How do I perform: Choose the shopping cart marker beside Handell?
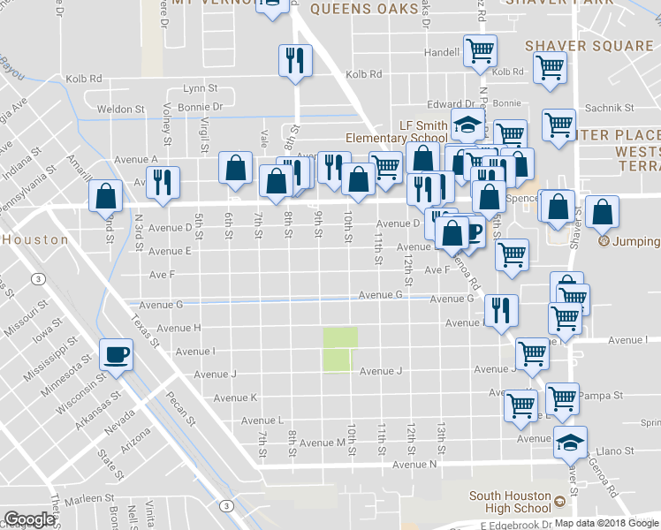[480, 50]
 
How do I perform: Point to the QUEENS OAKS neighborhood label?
[363, 9]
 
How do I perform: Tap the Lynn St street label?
[200, 89]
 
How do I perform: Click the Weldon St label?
[121, 110]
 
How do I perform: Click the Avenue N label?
[415, 465]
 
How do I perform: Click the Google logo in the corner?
[30, 519]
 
